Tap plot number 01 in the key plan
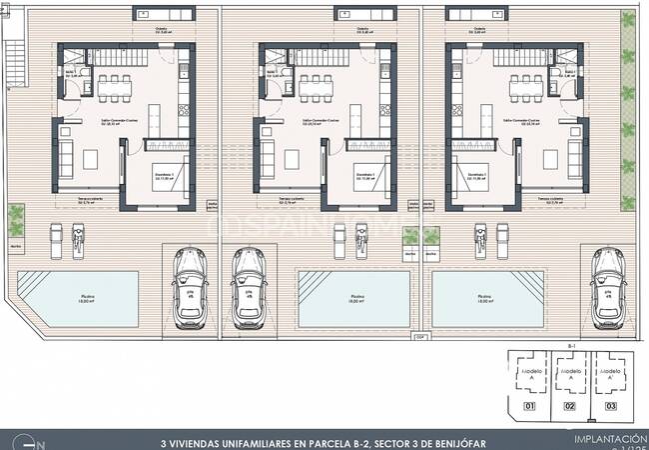530,406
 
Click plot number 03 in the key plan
611,406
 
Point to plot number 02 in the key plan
570,406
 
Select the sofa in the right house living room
575,155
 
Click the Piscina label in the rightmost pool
483,297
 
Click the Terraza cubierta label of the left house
91,200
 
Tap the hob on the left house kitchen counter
183,71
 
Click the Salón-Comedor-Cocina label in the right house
521,120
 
